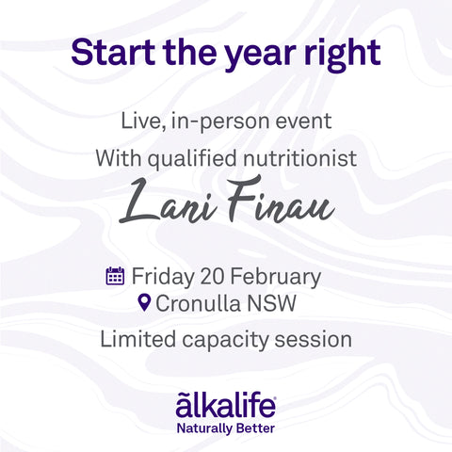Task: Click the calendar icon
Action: (115, 277)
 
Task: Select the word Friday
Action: (162, 277)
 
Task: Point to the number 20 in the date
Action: (211, 277)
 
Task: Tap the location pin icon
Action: (144, 304)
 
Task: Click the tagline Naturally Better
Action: (225, 426)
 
